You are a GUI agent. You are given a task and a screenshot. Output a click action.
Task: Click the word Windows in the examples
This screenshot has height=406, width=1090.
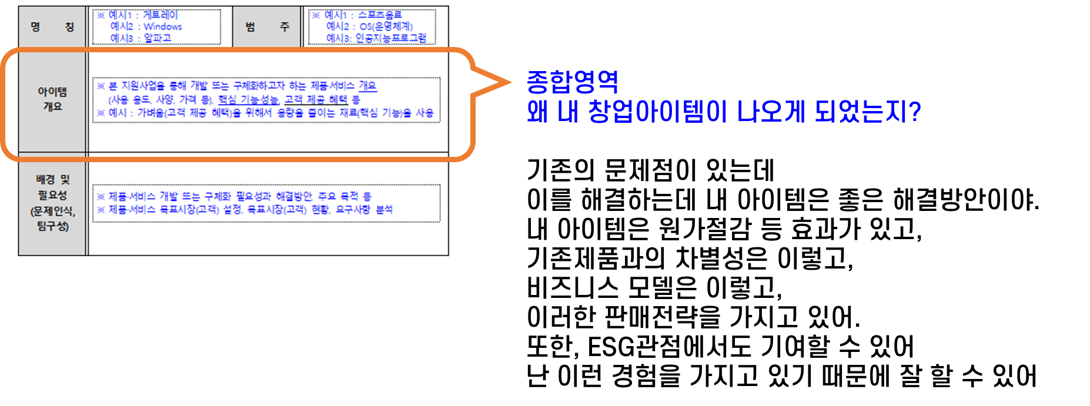click(x=163, y=26)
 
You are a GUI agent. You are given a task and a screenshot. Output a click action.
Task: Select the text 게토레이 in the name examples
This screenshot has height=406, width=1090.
click(x=161, y=15)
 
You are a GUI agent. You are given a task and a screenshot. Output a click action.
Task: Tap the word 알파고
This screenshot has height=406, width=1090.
click(x=158, y=38)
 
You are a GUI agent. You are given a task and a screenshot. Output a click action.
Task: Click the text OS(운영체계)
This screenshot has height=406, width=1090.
click(x=386, y=26)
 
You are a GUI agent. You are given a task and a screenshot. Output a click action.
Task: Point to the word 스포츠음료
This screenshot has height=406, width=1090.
click(x=380, y=15)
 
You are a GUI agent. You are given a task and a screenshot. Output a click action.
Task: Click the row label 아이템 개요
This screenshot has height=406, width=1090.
click(x=52, y=99)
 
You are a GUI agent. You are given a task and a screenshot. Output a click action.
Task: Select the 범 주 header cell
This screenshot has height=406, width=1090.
click(x=267, y=27)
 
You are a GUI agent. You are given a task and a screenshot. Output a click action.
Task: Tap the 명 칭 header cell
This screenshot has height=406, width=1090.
click(x=52, y=27)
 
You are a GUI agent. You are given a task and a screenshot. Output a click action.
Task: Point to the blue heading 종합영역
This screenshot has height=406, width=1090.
click(x=572, y=82)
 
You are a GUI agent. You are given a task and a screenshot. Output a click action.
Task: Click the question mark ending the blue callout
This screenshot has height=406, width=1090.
click(x=914, y=112)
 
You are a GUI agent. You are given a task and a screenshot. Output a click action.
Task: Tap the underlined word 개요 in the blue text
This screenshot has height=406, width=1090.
click(x=367, y=86)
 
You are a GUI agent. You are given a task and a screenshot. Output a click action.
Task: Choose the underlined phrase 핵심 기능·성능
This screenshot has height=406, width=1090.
click(x=248, y=100)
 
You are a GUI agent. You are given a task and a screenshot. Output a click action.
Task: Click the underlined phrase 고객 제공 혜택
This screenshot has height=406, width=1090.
click(x=316, y=100)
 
